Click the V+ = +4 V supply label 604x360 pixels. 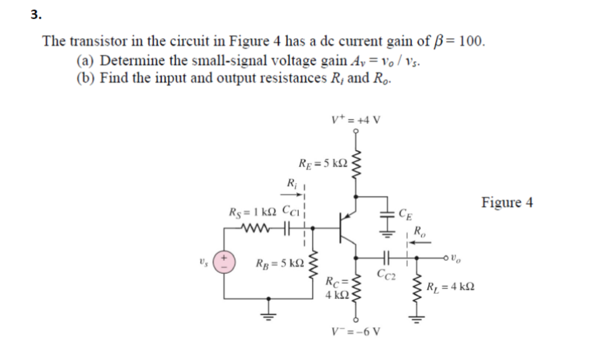coord(356,119)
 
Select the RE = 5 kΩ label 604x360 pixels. coord(321,162)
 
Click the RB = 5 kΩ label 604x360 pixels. coord(279,262)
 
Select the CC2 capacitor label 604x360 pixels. coord(386,273)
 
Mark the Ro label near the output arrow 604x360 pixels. coord(419,231)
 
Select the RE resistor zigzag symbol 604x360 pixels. coord(355,166)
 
